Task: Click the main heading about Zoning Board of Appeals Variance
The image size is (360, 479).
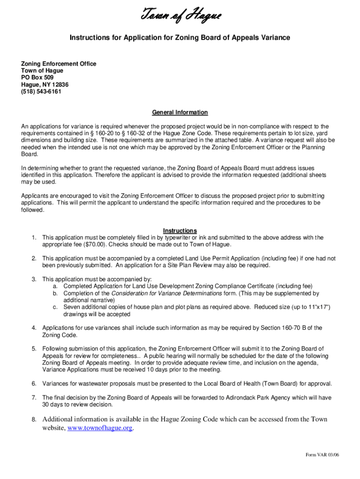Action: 180,37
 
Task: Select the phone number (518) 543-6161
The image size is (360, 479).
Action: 41,92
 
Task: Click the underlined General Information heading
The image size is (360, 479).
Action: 180,113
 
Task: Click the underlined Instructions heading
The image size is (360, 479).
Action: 180,231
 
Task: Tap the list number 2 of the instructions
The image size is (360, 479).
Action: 34,258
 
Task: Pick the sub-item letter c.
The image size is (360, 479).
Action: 55,307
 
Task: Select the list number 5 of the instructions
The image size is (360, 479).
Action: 34,349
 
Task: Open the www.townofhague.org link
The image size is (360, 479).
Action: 101,428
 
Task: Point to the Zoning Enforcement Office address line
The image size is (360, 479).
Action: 59,64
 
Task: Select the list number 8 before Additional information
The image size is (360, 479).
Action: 34,420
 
